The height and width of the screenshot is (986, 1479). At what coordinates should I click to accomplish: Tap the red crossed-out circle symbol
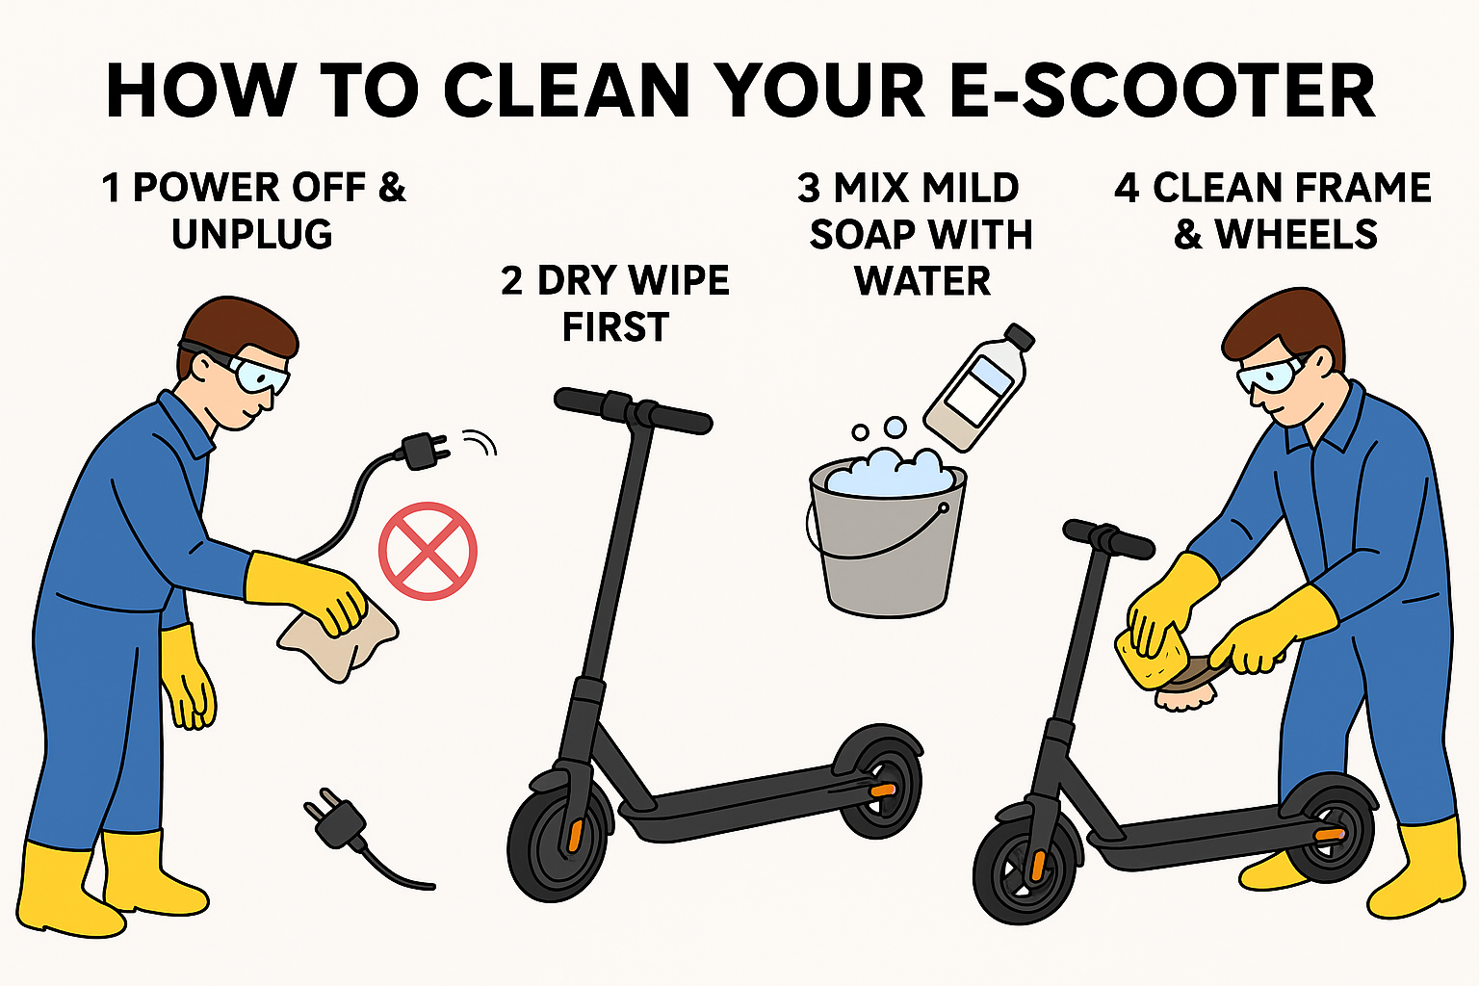pyautogui.click(x=428, y=551)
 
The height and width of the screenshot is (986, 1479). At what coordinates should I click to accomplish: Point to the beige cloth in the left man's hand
pyautogui.click(x=337, y=639)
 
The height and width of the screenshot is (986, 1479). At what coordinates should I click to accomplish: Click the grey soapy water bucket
pyautogui.click(x=887, y=538)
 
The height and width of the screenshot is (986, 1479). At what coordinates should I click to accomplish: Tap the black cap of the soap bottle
pyautogui.click(x=1019, y=336)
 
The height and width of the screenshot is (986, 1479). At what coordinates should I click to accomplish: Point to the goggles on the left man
pyautogui.click(x=257, y=374)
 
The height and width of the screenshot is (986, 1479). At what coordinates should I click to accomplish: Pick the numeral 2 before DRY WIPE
pyautogui.click(x=511, y=280)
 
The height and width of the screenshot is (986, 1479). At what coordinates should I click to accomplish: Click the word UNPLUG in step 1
pyautogui.click(x=251, y=234)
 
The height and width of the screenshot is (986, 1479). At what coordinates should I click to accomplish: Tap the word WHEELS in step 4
pyautogui.click(x=1296, y=234)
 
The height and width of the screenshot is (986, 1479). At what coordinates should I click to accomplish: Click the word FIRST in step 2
pyautogui.click(x=615, y=327)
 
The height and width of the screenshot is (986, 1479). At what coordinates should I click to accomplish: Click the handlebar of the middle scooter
pyautogui.click(x=633, y=410)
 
